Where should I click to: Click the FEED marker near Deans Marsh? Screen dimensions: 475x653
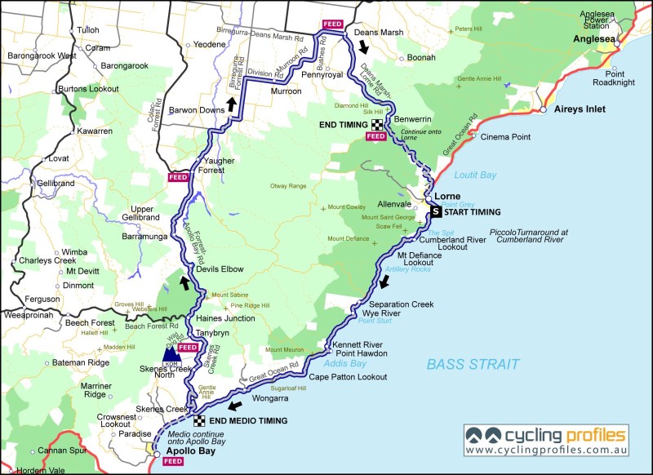coord(332,24)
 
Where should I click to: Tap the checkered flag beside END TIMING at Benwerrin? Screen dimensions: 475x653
coord(376,125)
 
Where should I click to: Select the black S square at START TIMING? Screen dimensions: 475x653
coord(436,212)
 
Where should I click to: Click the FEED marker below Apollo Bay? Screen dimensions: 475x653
coord(172,461)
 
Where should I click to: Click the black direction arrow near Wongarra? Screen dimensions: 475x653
coord(237,406)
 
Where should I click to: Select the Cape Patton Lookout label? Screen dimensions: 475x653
coord(348,377)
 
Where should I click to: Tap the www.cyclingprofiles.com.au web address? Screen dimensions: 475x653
coord(547,450)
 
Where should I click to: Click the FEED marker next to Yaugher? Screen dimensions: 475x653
coord(178,176)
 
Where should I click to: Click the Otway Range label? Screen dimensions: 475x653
coord(288,187)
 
